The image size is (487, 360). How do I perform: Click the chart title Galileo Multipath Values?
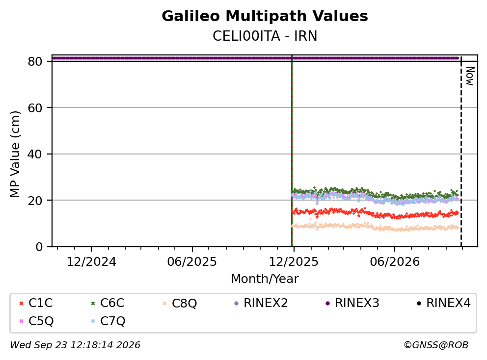[x=265, y=16]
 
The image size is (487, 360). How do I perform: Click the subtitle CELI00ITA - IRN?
[x=265, y=36]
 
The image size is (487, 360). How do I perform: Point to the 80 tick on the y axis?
[x=35, y=61]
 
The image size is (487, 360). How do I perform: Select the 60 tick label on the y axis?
[x=35, y=108]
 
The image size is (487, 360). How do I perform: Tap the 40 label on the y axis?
[x=35, y=154]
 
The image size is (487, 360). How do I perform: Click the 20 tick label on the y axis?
[x=35, y=201]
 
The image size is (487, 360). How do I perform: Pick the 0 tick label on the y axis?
[x=39, y=247]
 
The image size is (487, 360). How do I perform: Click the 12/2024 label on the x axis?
[x=91, y=262]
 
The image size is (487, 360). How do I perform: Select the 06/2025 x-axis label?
[x=192, y=262]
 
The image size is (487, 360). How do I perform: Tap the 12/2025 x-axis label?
[x=294, y=262]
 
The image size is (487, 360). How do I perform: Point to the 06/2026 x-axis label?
[x=394, y=262]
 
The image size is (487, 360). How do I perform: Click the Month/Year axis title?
[x=265, y=279]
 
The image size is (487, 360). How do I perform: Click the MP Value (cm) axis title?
[x=15, y=154]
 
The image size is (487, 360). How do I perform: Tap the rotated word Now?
[x=470, y=77]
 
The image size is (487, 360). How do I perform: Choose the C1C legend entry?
[x=36, y=303]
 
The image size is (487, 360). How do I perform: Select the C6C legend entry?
[x=108, y=303]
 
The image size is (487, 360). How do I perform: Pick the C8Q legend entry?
[x=180, y=303]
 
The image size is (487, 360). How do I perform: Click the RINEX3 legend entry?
[x=352, y=303]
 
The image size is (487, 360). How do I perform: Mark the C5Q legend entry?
[x=36, y=321]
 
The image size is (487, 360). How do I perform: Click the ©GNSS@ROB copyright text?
[x=436, y=345]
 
